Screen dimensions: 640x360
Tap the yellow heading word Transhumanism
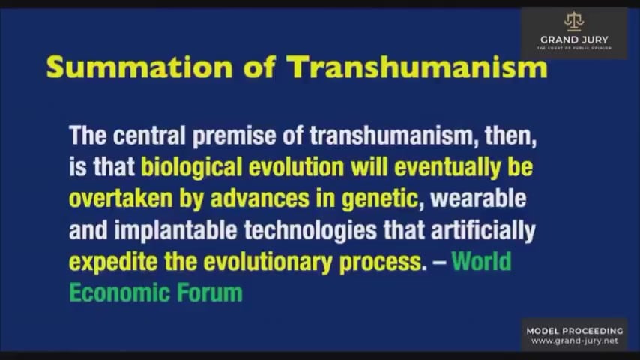pyautogui.click(x=417, y=67)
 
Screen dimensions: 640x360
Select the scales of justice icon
pyautogui.click(x=574, y=22)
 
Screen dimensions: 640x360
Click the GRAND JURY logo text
pyautogui.click(x=574, y=40)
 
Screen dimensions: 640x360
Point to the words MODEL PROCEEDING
pyautogui.click(x=575, y=331)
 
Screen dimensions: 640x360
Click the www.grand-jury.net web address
pyautogui.click(x=575, y=340)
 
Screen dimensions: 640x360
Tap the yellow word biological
pyautogui.click(x=191, y=168)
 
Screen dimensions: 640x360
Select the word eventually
pyautogui.click(x=447, y=168)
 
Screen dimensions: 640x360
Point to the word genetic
pyautogui.click(x=380, y=199)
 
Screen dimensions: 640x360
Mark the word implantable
pyautogui.click(x=175, y=231)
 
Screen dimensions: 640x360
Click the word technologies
pyautogui.click(x=310, y=231)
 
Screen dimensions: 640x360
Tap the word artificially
pyautogui.click(x=483, y=231)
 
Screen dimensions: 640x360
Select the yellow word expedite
pyautogui.click(x=113, y=262)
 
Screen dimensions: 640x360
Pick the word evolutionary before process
pyautogui.click(x=268, y=262)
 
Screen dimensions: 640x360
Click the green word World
pyautogui.click(x=481, y=261)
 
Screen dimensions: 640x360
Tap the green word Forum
pyautogui.click(x=209, y=293)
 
